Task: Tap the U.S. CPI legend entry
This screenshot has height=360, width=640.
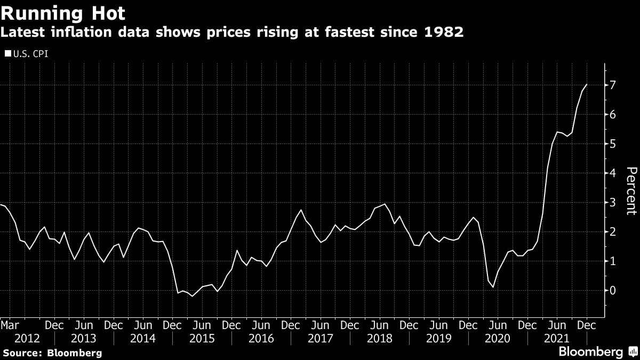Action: pos(26,53)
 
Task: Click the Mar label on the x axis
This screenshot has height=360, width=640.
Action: pos(10,325)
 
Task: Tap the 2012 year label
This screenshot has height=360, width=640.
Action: pos(27,338)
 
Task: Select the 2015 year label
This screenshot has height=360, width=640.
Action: pos(202,338)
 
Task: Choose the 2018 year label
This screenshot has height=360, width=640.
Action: pos(379,338)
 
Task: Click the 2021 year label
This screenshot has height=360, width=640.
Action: pos(556,338)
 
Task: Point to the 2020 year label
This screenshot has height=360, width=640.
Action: pos(497,338)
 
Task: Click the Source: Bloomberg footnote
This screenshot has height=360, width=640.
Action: pos(51,353)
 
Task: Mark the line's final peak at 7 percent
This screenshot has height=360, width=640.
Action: pos(587,84)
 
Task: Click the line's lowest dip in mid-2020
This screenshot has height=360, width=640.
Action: pos(493,287)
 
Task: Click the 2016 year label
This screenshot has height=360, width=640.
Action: pos(261,338)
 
